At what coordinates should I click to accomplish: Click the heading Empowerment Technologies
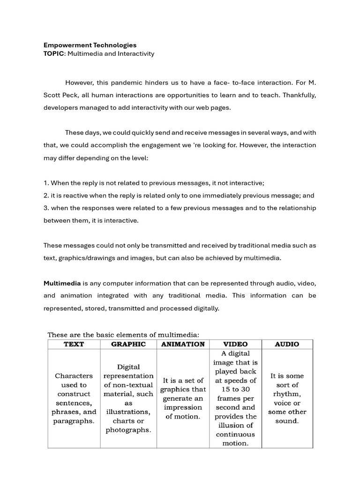pyautogui.click(x=90, y=45)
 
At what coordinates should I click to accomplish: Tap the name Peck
pyautogui.click(x=71, y=95)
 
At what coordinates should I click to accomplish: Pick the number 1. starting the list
pyautogui.click(x=46, y=183)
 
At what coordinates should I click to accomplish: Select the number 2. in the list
pyautogui.click(x=46, y=195)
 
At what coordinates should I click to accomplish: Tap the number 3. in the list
pyautogui.click(x=46, y=208)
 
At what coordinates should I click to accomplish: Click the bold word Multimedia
pyautogui.click(x=62, y=283)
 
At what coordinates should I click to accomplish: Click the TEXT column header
pyautogui.click(x=74, y=344)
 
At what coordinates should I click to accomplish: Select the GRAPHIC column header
pyautogui.click(x=128, y=344)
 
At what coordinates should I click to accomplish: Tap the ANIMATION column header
pyautogui.click(x=183, y=344)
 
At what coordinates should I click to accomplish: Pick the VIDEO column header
pyautogui.click(x=235, y=344)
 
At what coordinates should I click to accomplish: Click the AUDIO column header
pyautogui.click(x=287, y=344)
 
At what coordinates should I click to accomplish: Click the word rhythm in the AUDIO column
pyautogui.click(x=287, y=394)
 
